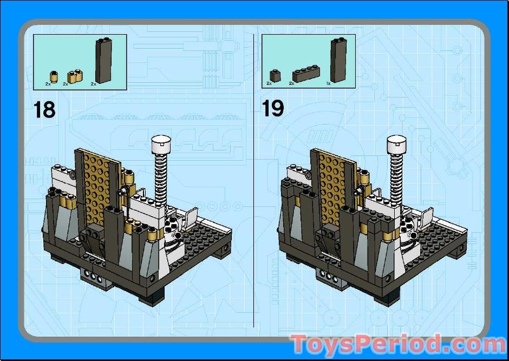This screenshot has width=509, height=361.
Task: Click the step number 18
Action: pos(45,109)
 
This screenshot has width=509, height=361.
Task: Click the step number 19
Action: pos(273,108)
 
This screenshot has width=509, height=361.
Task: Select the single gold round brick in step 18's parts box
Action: pos(55,75)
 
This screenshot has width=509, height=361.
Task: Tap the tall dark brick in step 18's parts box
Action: pos(103,60)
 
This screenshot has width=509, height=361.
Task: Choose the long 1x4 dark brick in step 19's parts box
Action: pos(306,74)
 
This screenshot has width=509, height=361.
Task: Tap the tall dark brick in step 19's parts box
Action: pos(338,60)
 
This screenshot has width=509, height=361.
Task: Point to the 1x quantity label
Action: pos(328,84)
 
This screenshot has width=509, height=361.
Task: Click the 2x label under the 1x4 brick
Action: pos(291,84)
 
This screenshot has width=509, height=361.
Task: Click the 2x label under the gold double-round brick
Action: pos(66,84)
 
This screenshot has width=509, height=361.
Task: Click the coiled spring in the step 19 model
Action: pos(396,173)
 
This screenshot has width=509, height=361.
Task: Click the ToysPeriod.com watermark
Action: pos(398,344)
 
